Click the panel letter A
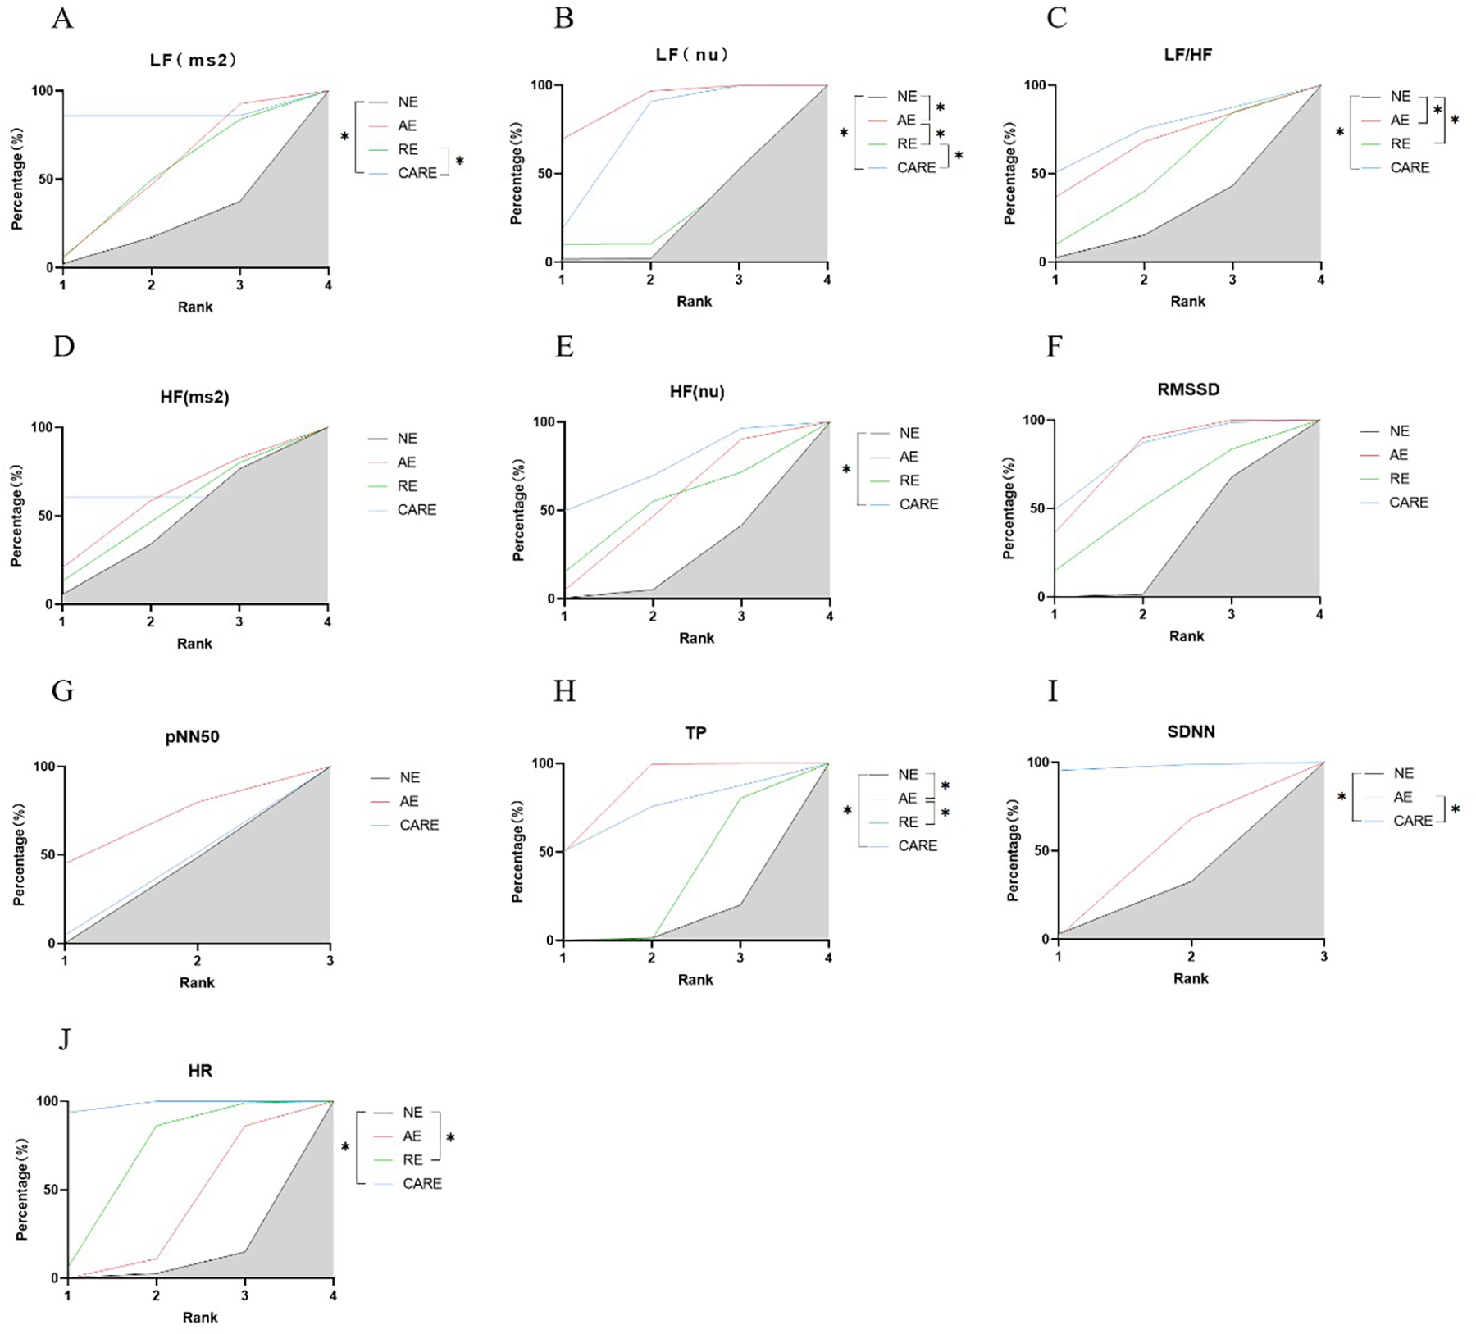point(62,18)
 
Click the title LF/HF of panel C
point(1187,55)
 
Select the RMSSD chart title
point(1187,389)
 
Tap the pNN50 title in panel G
point(192,736)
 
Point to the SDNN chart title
point(1191,731)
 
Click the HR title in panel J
point(200,1071)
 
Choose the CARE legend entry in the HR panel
point(421,1183)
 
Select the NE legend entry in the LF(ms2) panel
point(408,102)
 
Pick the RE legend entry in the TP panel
point(908,822)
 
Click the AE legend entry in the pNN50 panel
point(408,801)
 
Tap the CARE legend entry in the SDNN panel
point(1412,821)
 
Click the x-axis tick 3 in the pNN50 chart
point(330,960)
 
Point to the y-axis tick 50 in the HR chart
point(50,1190)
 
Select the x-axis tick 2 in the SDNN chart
point(1191,956)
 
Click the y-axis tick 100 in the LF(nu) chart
point(541,85)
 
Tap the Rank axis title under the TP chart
point(695,980)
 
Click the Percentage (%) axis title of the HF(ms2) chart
point(16,516)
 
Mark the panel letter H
point(564,691)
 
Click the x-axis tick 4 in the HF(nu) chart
point(830,616)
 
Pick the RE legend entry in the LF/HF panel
point(1400,143)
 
